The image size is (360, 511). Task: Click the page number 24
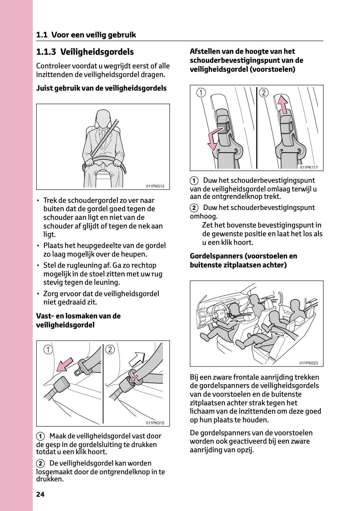40,494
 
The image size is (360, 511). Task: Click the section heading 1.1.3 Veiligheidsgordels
85,52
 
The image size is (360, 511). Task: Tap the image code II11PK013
155,186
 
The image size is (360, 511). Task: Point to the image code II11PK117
308,168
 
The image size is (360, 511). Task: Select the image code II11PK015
155,423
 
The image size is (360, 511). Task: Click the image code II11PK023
308,363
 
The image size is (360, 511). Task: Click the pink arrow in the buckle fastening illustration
65,364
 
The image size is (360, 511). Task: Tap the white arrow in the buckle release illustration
137,359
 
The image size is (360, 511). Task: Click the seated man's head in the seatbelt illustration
103,118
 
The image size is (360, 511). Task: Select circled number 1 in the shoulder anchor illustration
201,92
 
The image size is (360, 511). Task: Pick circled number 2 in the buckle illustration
110,350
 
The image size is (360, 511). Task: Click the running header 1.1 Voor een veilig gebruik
86,35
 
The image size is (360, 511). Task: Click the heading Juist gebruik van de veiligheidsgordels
101,88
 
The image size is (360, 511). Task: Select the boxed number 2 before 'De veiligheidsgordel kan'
40,463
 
